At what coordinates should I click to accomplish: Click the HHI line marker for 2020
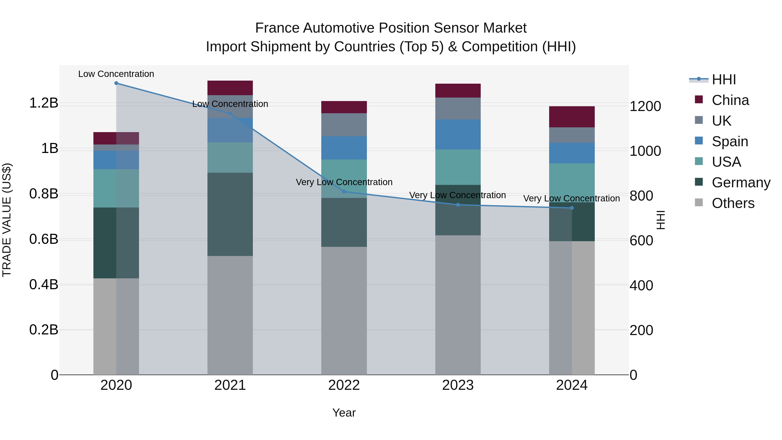tap(116, 83)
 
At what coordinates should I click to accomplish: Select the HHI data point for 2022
tap(344, 192)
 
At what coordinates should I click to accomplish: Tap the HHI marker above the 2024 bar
tap(572, 208)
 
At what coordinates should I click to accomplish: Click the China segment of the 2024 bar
tap(572, 117)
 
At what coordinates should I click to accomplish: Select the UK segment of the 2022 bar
tap(344, 125)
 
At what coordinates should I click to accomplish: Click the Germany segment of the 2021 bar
tap(230, 214)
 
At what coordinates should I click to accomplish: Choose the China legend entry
tap(730, 100)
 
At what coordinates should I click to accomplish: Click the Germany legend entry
tap(741, 183)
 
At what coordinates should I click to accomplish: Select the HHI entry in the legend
tap(724, 80)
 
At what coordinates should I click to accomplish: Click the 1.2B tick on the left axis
tap(44, 103)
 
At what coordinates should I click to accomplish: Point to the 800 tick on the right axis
tap(641, 196)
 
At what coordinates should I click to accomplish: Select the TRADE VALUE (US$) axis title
tap(7, 220)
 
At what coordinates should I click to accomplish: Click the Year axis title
tap(344, 413)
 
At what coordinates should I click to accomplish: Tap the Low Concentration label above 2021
tap(230, 104)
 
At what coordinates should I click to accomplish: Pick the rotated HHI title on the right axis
tap(661, 220)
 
